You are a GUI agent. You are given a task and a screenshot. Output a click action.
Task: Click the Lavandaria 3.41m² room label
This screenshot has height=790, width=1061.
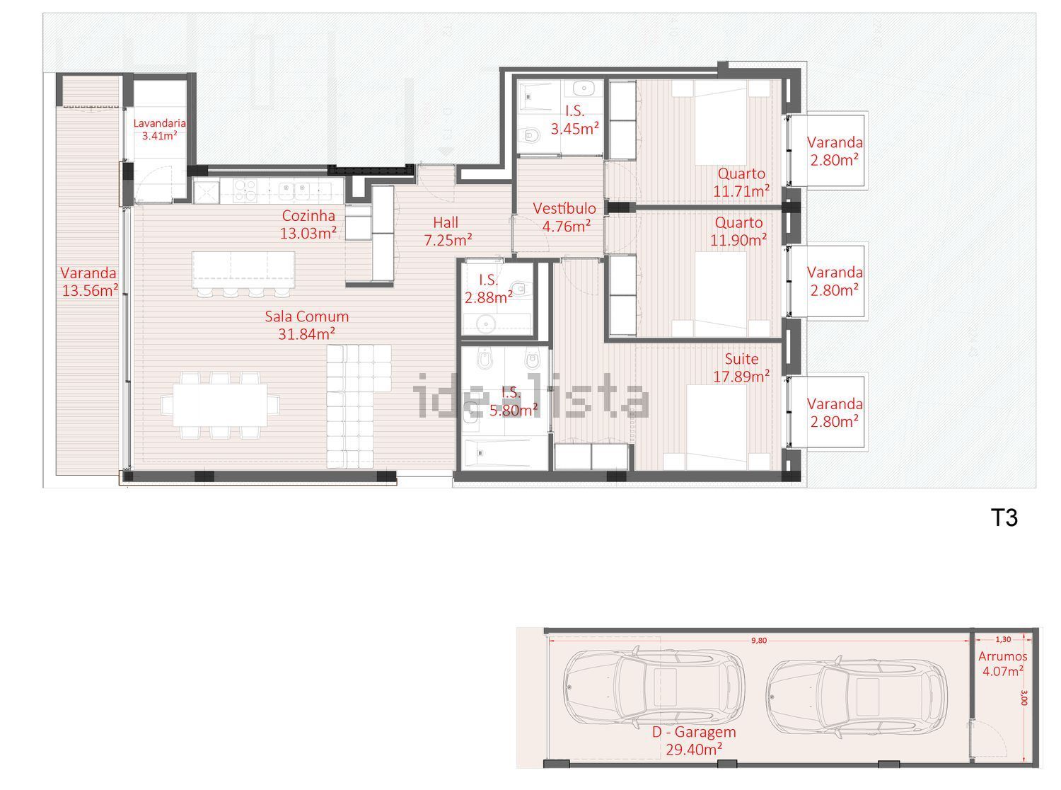point(159,130)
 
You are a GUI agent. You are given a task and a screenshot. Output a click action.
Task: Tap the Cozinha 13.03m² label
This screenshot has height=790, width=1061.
point(308,224)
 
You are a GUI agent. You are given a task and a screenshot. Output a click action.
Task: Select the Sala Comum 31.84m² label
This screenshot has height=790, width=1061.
point(306,325)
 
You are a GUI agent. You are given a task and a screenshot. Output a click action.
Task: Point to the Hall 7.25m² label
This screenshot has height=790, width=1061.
point(448,231)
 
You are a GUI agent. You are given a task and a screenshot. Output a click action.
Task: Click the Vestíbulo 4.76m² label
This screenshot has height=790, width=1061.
point(565,217)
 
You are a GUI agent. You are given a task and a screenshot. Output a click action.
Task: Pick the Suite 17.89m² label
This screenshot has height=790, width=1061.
point(741,367)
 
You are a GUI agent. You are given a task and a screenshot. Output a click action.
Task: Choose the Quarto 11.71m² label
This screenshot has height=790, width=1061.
point(741,183)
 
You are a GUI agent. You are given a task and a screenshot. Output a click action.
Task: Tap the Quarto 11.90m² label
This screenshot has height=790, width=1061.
point(738,231)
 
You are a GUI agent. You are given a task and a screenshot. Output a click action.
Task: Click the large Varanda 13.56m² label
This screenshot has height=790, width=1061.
point(89,282)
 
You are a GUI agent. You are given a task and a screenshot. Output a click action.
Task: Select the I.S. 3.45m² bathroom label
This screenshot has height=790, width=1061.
point(575,120)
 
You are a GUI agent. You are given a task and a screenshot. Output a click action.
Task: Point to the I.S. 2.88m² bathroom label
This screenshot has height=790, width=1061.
point(488,289)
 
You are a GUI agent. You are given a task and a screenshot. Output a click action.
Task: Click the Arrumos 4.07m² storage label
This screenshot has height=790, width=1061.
point(1002,663)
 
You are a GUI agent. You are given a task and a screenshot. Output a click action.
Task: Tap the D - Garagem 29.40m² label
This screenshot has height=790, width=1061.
point(694,740)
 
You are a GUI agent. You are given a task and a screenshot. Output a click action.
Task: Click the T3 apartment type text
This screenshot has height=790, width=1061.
point(1004,518)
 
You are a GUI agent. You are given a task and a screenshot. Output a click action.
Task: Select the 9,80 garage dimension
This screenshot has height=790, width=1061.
point(759,641)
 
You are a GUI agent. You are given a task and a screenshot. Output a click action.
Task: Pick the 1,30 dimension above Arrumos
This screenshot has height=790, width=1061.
point(1003,639)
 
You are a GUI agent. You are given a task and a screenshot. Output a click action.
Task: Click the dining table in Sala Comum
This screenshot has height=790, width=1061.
point(220,405)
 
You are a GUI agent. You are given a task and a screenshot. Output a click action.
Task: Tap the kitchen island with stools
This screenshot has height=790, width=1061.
point(243,270)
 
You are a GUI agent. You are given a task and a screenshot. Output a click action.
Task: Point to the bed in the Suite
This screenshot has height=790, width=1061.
point(717,427)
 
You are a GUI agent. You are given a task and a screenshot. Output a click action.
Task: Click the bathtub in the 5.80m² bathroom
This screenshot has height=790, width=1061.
point(504,452)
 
